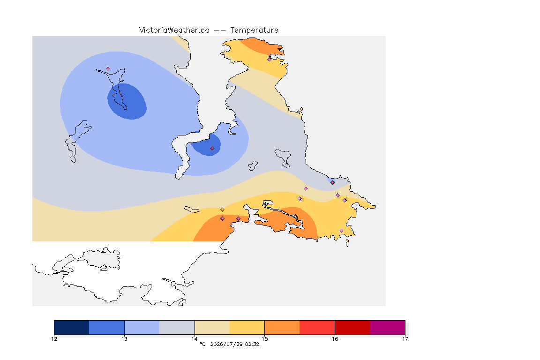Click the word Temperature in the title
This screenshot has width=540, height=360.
pos(254,30)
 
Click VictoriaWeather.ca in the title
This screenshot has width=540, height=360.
pos(174,30)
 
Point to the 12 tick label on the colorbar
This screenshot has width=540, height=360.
pos(54,339)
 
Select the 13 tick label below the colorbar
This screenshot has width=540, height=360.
pos(124,339)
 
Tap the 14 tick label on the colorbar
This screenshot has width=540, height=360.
pos(195,339)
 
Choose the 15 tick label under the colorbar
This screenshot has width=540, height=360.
pos(264,339)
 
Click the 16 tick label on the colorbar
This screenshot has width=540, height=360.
pos(335,339)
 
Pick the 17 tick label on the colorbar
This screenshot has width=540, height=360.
pos(405,339)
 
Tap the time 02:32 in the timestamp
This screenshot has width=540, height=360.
pos(252,344)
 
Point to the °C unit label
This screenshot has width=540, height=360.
pos(202,344)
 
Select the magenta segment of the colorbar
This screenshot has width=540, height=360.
pos(388,327)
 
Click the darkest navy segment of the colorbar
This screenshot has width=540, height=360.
pos(72,327)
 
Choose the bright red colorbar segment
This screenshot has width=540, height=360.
pos(317,327)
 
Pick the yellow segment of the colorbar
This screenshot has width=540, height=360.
pos(247,327)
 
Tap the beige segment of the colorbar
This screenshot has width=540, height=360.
pos(212,327)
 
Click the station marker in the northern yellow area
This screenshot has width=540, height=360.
pos(270,59)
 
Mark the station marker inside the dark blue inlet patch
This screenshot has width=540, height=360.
pos(212,149)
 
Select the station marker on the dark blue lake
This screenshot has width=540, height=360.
pos(122,94)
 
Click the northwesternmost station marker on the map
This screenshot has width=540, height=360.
pos(108,69)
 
